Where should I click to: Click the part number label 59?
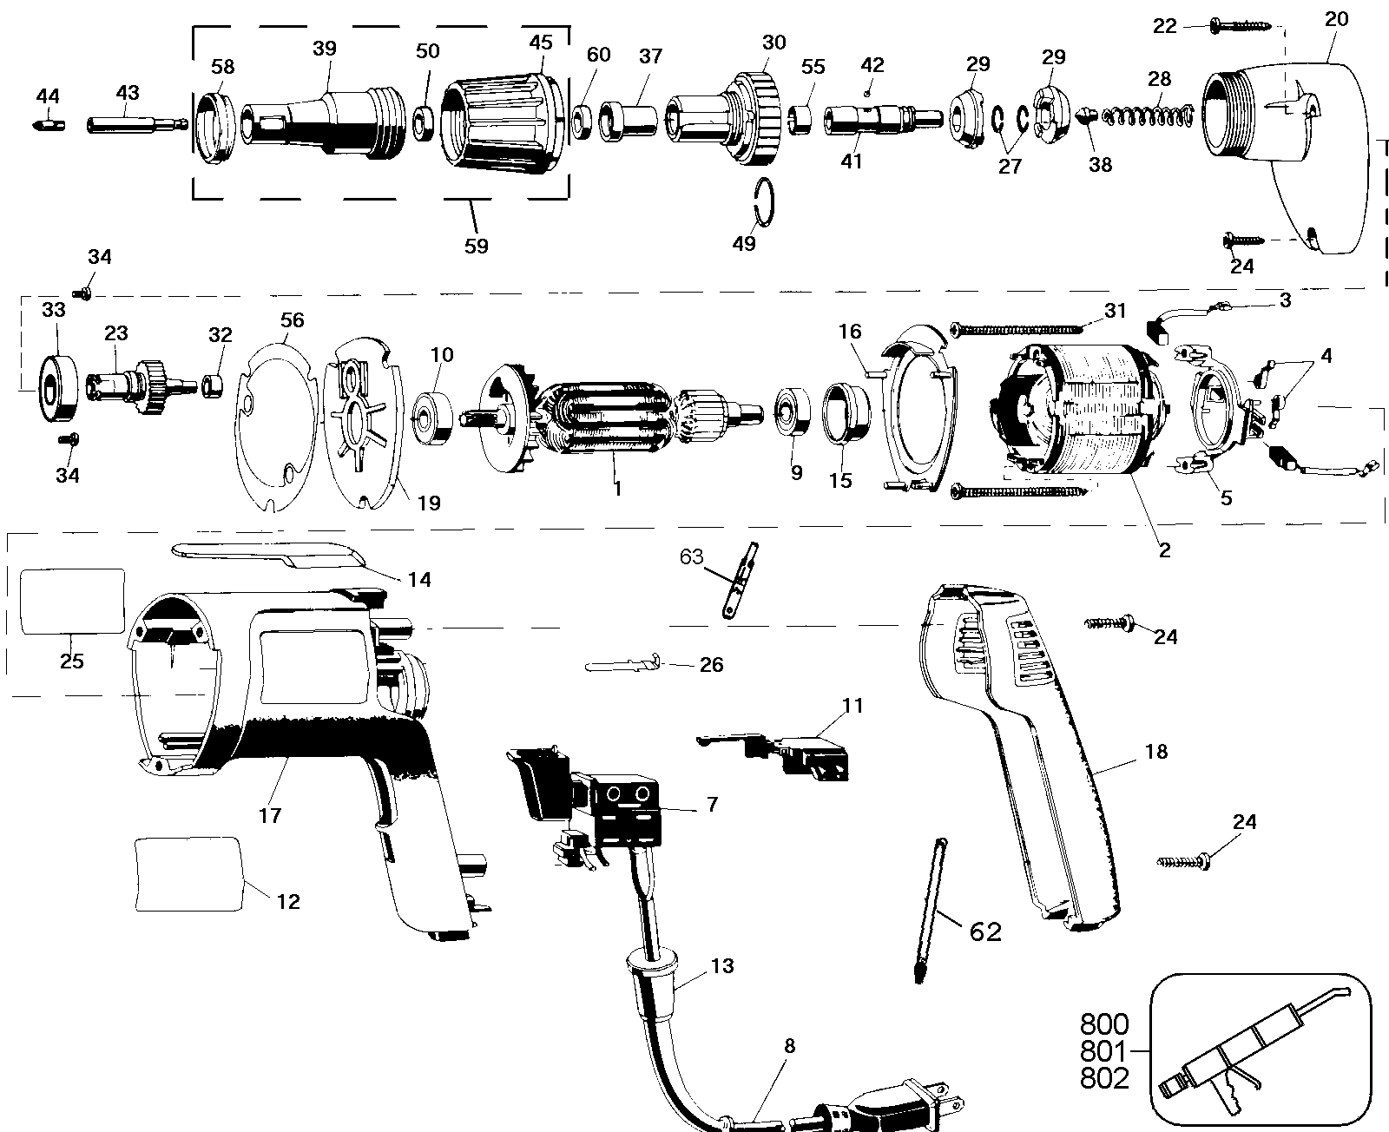[476, 246]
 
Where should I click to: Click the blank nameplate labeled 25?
[72, 602]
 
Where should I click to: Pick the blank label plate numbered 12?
[188, 874]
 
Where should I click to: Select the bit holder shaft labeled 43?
[135, 125]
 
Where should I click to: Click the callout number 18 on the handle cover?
[1155, 752]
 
